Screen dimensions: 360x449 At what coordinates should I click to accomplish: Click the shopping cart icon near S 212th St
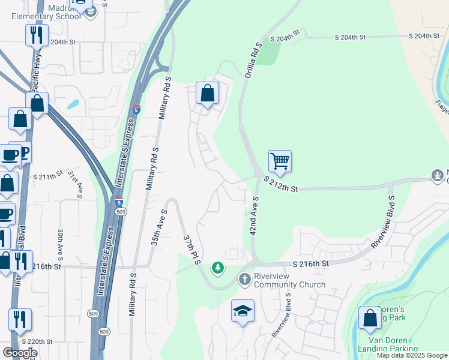[x=280, y=161]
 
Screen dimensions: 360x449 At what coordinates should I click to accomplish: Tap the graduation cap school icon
[x=243, y=311]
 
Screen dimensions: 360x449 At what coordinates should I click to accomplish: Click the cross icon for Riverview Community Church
[x=245, y=279]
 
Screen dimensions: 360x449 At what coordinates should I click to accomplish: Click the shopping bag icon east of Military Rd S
[x=208, y=94]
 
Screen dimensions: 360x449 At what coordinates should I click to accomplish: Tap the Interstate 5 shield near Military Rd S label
[x=137, y=110]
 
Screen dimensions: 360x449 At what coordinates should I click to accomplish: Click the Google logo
[x=20, y=352]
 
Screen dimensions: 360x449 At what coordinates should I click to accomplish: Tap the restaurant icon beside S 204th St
[x=37, y=35]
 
